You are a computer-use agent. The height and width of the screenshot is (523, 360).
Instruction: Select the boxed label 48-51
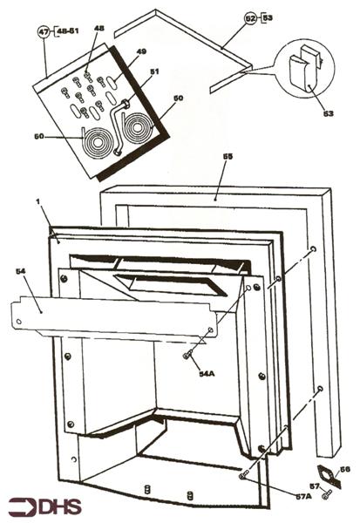point(66,32)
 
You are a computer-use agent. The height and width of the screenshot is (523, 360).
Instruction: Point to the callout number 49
point(142,52)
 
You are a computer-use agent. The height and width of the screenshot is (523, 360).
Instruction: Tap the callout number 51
point(154,72)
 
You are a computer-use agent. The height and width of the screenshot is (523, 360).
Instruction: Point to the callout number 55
point(228,157)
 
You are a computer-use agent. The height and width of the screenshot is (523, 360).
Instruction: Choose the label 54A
point(207,373)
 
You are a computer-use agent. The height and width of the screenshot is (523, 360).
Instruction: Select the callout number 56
point(343,470)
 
